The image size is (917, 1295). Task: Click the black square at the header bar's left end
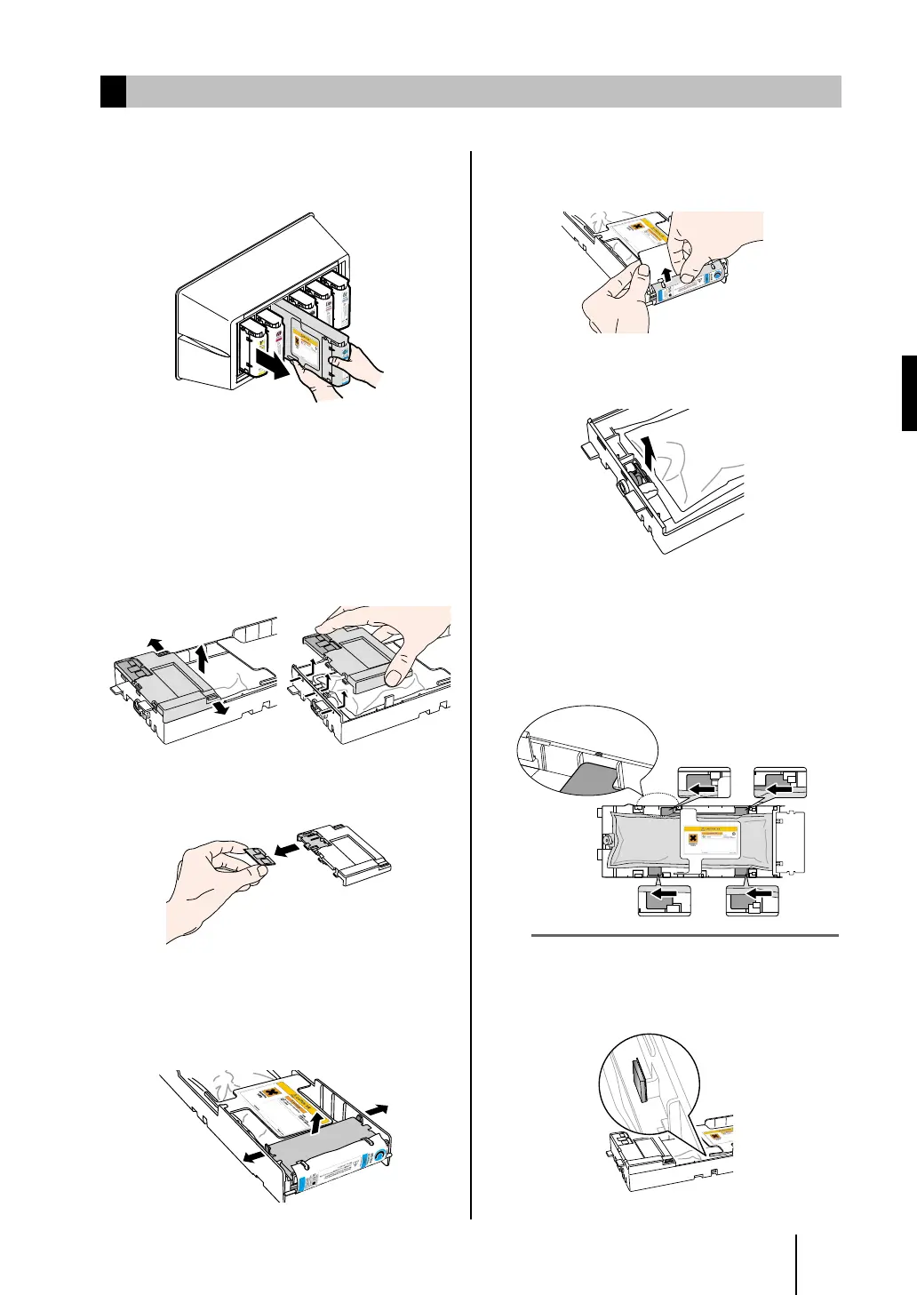113,92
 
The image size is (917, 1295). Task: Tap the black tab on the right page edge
909,393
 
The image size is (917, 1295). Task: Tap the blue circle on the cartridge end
380,1155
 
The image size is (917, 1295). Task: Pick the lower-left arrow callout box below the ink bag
665,900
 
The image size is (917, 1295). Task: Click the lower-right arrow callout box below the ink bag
752,900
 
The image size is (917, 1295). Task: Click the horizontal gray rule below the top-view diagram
684,935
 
